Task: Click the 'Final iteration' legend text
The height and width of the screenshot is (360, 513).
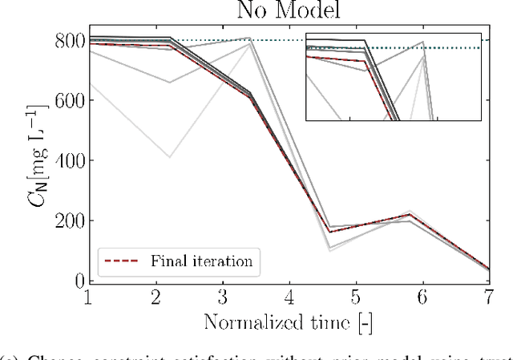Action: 200,261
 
